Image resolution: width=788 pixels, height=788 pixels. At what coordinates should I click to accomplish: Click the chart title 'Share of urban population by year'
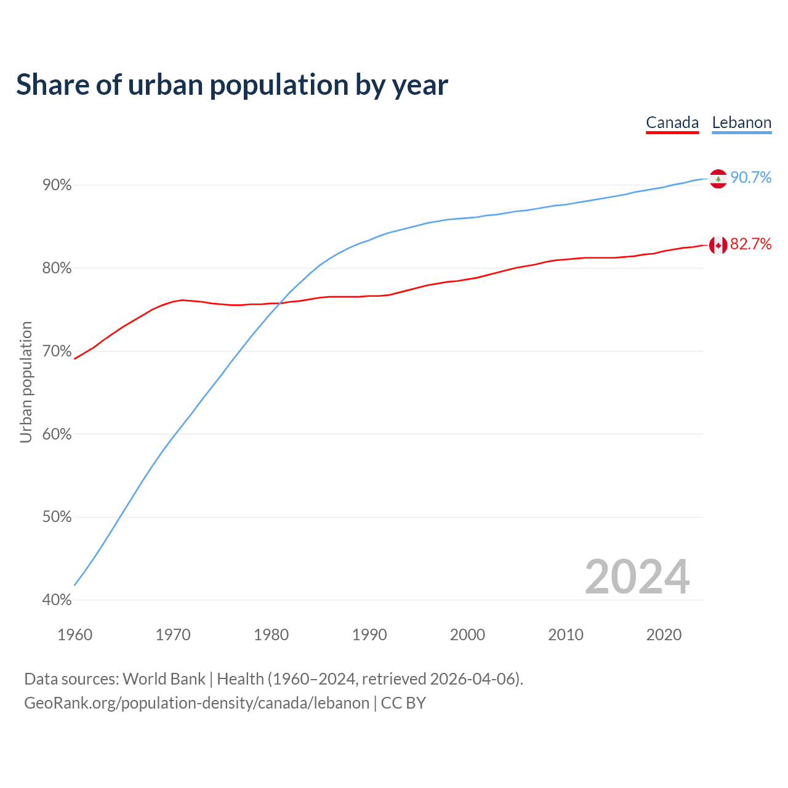point(232,85)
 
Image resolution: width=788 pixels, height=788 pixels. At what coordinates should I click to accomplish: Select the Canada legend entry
point(672,123)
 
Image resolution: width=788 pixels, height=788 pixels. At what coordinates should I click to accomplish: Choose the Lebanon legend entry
point(741,123)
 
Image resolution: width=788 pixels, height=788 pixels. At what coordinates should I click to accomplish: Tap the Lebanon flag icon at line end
point(718,179)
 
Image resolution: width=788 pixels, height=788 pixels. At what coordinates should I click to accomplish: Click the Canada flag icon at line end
point(718,245)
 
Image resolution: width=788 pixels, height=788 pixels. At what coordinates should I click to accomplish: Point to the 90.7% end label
point(750,178)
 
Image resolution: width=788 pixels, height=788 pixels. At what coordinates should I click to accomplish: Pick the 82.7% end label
point(750,244)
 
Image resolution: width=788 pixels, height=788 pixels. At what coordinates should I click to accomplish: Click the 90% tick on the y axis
point(57,185)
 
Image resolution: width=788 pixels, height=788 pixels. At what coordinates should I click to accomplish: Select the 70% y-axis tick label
point(57,352)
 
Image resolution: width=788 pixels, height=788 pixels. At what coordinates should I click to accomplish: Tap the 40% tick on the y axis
point(57,600)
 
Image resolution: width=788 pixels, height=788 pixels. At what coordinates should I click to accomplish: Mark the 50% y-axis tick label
point(57,517)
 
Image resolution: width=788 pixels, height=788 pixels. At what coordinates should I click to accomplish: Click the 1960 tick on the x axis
point(74,635)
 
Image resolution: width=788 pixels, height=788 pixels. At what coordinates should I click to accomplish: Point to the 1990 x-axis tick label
point(369,635)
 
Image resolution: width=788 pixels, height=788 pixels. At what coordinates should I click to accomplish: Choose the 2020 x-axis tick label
point(664,635)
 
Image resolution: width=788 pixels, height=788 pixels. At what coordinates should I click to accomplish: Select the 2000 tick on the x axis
point(467,635)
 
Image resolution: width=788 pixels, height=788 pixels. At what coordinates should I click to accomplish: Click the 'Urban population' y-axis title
point(26,382)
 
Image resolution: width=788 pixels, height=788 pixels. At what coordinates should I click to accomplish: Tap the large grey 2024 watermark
point(637,577)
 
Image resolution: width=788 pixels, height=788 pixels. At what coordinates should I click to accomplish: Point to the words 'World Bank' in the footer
point(164,679)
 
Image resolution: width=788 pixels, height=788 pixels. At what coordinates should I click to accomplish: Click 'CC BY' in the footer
point(403,703)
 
